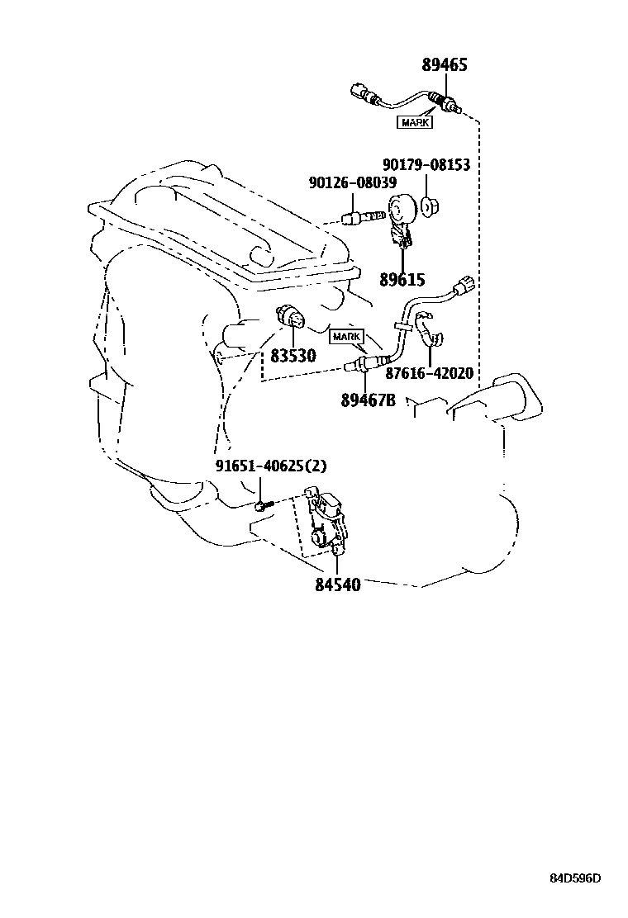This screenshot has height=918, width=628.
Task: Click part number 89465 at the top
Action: [445, 65]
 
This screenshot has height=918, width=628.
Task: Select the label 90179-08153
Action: [426, 165]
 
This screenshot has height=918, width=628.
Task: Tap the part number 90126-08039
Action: [352, 182]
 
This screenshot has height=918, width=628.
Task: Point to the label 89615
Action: [402, 279]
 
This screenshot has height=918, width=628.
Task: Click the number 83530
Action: [293, 356]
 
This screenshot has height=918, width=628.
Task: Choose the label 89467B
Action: [368, 400]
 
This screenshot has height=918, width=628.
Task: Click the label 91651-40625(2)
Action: [271, 466]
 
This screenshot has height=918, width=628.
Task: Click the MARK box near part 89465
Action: [416, 123]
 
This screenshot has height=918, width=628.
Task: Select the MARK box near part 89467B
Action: [347, 337]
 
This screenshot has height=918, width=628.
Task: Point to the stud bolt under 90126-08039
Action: [362, 218]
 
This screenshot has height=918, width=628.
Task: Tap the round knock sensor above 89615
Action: [401, 209]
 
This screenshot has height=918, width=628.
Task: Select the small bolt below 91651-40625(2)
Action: [260, 504]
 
